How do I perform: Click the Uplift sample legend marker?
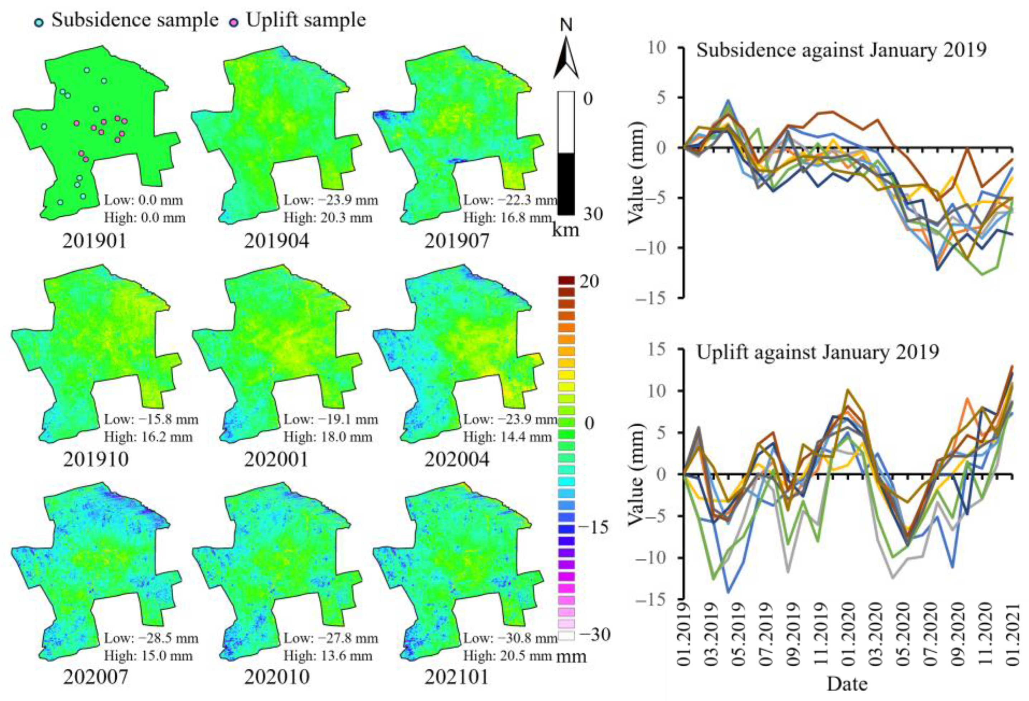[x=235, y=23]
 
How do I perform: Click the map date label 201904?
[x=276, y=241]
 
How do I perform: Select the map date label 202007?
[x=95, y=677]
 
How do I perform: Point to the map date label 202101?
[x=456, y=677]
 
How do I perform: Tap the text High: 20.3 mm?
[x=328, y=218]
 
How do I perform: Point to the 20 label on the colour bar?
[x=589, y=282]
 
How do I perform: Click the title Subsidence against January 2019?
[x=841, y=50]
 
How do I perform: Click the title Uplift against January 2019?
[x=817, y=353]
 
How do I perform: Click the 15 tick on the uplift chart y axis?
[x=660, y=350]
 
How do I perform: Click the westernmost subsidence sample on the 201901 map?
[x=44, y=127]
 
